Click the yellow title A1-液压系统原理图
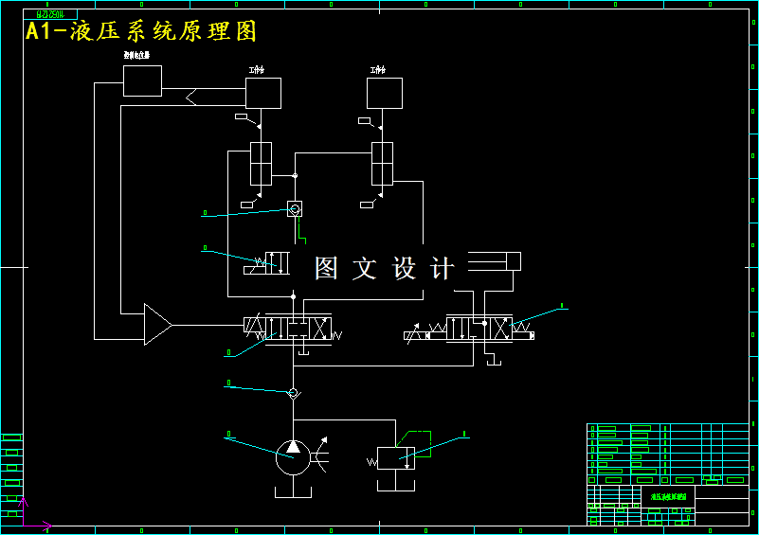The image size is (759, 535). pos(141,32)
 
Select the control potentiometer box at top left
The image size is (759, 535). pos(142,80)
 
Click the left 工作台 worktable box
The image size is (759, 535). pos(263,93)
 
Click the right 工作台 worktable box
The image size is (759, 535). pos(384,93)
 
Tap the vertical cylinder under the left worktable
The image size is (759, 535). pos(261,164)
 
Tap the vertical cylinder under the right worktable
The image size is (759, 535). pos(382,164)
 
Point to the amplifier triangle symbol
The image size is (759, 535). pos(156,324)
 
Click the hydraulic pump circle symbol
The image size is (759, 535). pos(293,457)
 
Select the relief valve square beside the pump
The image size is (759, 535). pos(396,457)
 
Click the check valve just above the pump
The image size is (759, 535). pos(293,392)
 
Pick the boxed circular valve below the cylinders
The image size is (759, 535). pos(295,208)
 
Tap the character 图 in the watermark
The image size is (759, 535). pos(326,269)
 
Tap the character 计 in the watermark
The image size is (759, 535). pos(442,269)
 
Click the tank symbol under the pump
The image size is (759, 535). pos(293,492)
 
